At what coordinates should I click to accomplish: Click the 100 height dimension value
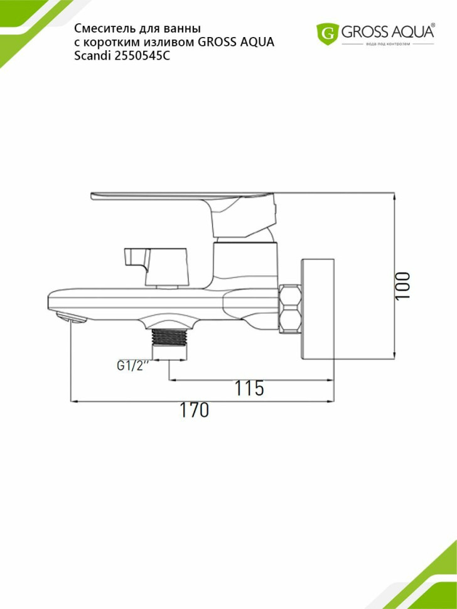point(403,286)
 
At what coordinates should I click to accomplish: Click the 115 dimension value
point(249,389)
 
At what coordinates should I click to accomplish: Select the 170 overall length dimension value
point(194,411)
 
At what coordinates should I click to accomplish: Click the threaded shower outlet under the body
point(170,343)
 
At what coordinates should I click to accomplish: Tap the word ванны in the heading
point(186,29)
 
